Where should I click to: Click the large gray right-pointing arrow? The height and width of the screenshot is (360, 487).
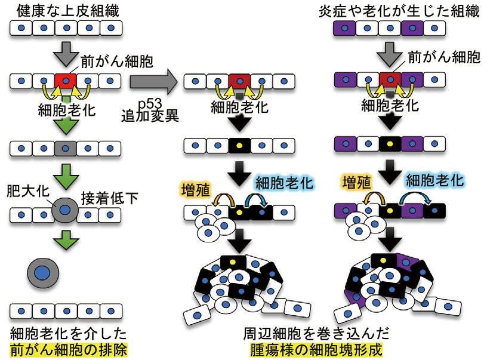click(x=152, y=79)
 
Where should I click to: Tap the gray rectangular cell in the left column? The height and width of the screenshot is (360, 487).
click(x=66, y=147)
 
